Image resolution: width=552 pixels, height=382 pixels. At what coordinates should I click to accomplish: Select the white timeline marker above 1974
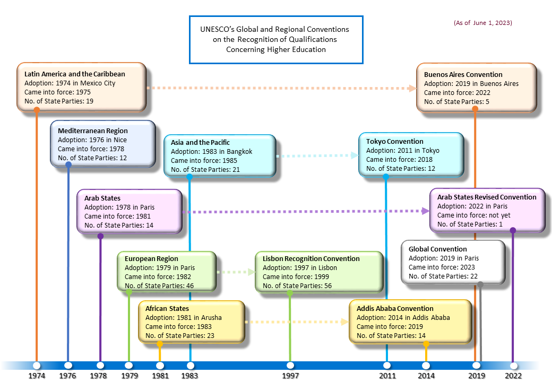(x=36, y=366)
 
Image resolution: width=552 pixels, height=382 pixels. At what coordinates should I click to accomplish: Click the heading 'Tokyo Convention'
(x=394, y=142)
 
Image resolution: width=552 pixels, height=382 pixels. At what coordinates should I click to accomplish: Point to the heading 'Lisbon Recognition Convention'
(x=311, y=259)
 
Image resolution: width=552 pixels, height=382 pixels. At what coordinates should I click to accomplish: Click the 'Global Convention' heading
(x=437, y=249)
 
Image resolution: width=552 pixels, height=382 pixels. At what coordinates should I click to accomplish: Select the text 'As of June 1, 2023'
(x=482, y=23)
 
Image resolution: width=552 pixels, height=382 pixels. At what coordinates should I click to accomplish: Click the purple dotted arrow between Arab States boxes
(x=305, y=211)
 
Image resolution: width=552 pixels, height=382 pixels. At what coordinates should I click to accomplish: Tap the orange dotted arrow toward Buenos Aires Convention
(x=281, y=88)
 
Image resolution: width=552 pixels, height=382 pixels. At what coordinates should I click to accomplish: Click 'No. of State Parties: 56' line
(x=297, y=286)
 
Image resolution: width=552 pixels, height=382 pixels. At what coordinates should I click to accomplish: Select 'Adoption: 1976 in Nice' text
(x=92, y=140)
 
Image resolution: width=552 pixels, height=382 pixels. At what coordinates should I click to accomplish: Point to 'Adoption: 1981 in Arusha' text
(x=184, y=318)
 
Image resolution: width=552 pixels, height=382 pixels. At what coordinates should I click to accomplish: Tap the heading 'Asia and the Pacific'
(x=200, y=143)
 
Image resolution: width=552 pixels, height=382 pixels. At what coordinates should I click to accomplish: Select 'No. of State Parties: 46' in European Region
(x=159, y=286)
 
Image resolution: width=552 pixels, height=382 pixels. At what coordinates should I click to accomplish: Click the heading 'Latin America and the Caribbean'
(x=75, y=74)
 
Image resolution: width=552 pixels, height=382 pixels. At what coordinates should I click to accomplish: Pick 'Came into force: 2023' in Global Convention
(x=442, y=267)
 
